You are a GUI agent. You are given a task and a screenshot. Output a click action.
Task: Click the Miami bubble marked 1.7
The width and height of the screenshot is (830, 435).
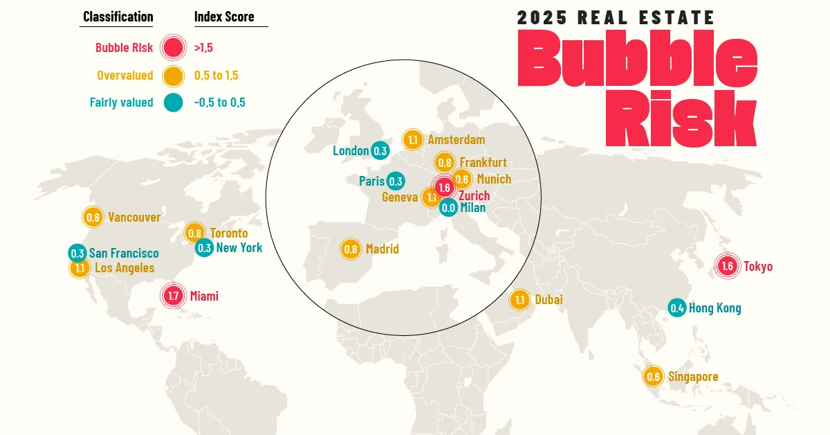click(173, 296)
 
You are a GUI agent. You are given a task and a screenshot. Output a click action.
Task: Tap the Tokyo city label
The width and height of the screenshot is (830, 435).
click(758, 267)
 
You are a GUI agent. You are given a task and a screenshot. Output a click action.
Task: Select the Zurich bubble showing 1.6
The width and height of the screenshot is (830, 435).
click(444, 188)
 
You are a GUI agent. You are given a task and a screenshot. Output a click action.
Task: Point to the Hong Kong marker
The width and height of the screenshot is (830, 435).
click(677, 308)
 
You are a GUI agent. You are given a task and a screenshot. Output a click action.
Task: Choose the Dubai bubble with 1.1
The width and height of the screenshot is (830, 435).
click(520, 300)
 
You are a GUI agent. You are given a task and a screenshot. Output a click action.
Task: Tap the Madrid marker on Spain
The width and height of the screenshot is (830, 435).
click(351, 249)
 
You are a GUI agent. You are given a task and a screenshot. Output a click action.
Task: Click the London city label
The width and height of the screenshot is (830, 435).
click(351, 150)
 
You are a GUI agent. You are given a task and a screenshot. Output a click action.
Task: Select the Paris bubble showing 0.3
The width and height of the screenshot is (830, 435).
click(396, 181)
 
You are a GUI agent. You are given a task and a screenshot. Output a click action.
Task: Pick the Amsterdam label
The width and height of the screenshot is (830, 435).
click(456, 140)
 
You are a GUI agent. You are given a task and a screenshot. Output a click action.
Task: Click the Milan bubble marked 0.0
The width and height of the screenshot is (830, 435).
click(448, 207)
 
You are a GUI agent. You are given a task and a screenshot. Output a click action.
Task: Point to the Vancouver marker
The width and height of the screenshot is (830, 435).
click(93, 217)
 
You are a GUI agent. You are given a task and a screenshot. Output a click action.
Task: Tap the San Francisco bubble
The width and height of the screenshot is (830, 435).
click(77, 254)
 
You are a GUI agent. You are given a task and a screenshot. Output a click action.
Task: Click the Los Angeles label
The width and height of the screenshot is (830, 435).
click(124, 268)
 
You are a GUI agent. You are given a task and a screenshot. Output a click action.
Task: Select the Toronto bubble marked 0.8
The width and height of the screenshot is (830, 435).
click(194, 233)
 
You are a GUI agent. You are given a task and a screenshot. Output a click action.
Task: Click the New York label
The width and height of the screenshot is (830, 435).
click(239, 247)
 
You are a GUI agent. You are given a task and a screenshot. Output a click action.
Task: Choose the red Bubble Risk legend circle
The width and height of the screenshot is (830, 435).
click(172, 48)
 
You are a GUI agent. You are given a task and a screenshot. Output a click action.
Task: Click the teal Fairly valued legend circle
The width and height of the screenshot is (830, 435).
click(172, 103)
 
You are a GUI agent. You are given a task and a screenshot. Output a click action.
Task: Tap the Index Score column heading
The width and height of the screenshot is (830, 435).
click(224, 17)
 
